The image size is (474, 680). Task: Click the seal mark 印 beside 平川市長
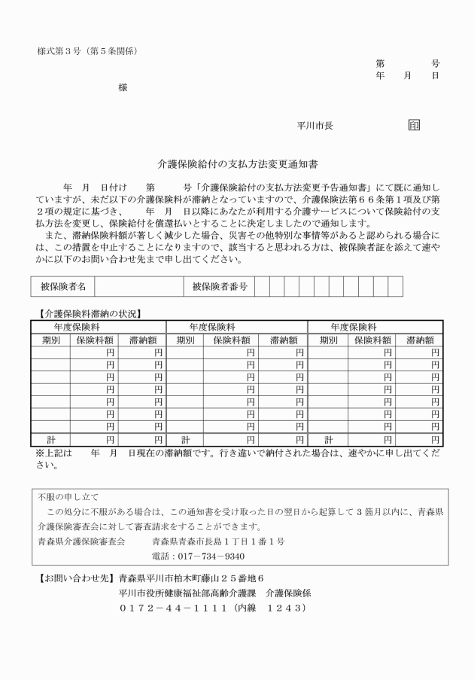[x=414, y=126]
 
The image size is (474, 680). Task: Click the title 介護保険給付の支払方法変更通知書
[x=236, y=162]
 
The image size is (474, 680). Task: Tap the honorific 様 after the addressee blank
[x=123, y=88]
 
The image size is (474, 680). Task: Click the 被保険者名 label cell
[x=62, y=286]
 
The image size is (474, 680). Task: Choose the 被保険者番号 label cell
[x=220, y=286]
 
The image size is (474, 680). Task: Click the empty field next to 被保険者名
[x=138, y=286]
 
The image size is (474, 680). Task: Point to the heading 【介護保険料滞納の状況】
[x=90, y=313]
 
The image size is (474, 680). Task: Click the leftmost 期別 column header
[x=50, y=340]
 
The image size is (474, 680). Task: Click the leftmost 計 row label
[x=50, y=439]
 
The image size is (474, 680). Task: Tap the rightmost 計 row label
[x=328, y=439]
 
